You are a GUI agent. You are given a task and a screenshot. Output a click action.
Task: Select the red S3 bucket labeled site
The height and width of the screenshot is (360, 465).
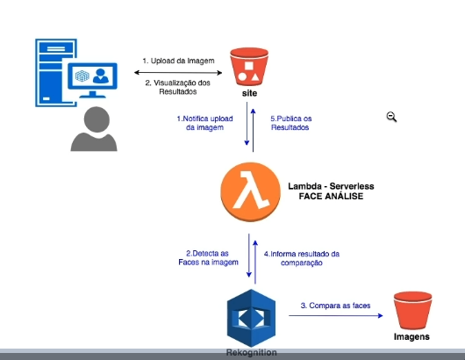click(249, 67)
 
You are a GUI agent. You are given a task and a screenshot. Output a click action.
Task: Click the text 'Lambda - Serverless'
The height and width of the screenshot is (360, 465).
click(332, 187)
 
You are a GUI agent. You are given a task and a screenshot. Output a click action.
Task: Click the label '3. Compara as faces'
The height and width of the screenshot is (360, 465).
click(336, 305)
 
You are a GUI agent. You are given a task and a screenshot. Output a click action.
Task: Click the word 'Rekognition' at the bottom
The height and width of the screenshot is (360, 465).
click(252, 352)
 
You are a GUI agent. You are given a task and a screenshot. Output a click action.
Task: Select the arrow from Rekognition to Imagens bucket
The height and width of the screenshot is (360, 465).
click(333, 317)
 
